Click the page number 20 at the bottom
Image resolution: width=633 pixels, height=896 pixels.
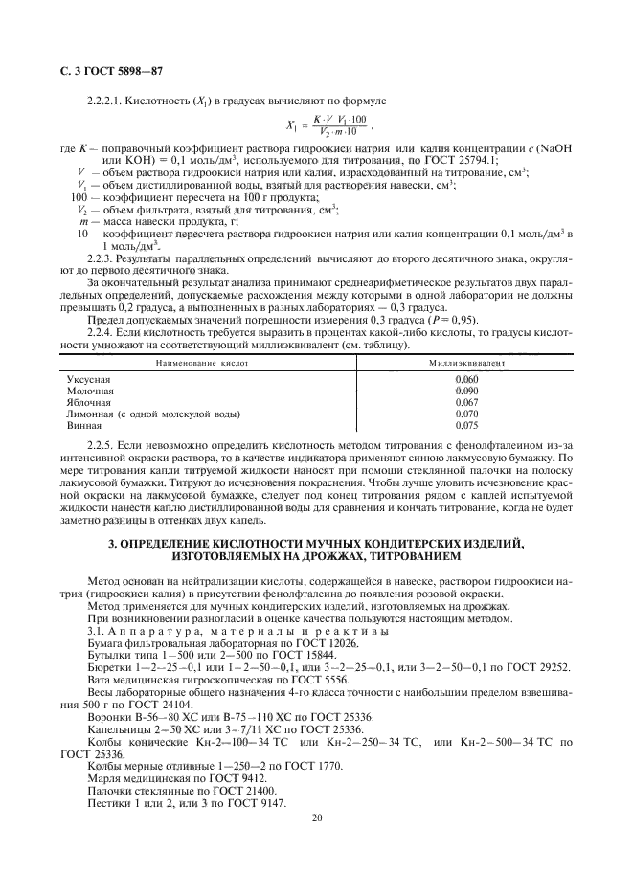pyautogui.click(x=316, y=818)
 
